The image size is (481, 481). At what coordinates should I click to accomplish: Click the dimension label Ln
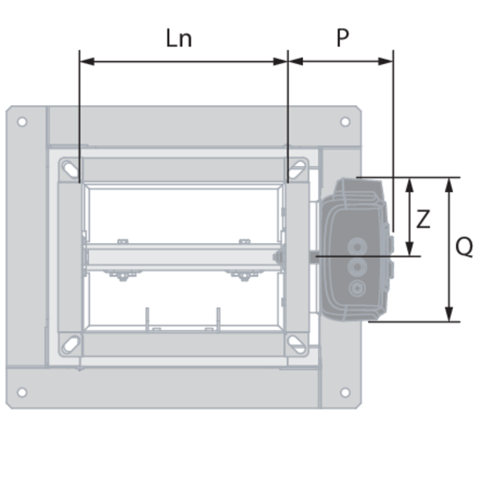click(x=179, y=38)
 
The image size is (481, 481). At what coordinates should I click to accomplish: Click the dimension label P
click(x=342, y=38)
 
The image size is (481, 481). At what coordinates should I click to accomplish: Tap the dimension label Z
click(x=423, y=219)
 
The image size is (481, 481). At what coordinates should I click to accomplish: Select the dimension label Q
click(x=464, y=247)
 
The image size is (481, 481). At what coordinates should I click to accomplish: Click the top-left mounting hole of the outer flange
click(x=22, y=122)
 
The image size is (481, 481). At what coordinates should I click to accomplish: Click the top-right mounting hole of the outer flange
click(x=345, y=122)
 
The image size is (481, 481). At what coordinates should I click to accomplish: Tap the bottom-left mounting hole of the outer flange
click(x=22, y=392)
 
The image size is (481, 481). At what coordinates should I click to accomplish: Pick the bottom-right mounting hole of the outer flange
click(x=345, y=392)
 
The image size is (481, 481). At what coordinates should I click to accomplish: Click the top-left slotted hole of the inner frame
click(x=71, y=169)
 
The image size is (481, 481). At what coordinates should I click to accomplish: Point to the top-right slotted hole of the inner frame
click(x=297, y=169)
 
